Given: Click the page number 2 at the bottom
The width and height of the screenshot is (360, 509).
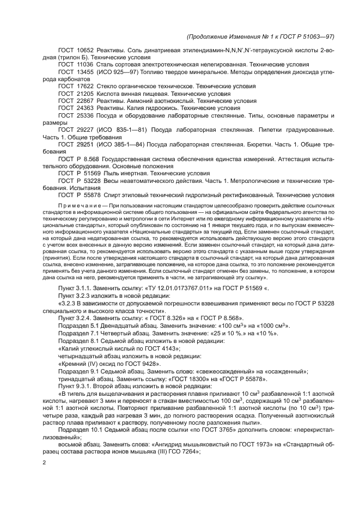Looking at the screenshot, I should tap(45, 463).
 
